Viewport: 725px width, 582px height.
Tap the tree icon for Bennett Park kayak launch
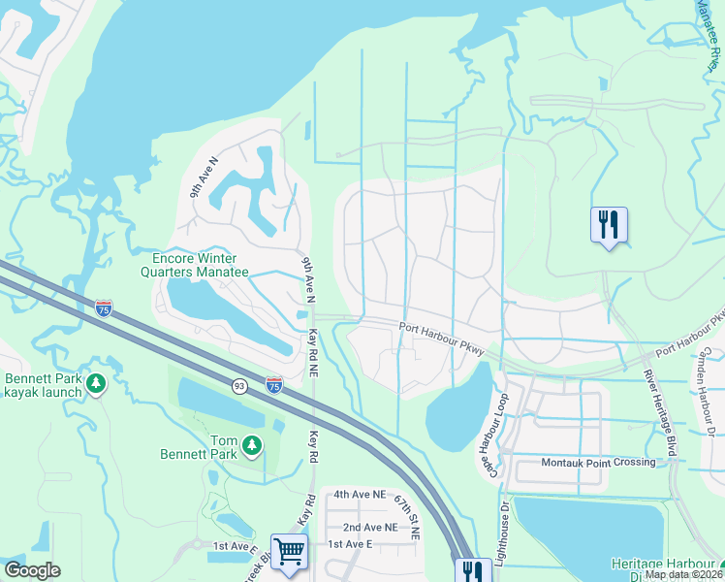[x=96, y=385]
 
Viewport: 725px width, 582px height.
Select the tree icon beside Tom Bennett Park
[x=252, y=445]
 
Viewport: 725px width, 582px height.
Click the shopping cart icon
[x=290, y=553]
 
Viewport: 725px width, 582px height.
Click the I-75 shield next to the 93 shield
[x=274, y=385]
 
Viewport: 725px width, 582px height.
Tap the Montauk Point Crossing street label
[x=598, y=462]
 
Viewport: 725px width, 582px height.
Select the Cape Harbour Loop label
[x=490, y=436]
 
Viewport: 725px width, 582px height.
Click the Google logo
[x=32, y=570]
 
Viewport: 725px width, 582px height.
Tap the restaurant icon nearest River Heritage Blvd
[x=609, y=225]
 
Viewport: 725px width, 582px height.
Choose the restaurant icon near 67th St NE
[x=472, y=570]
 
